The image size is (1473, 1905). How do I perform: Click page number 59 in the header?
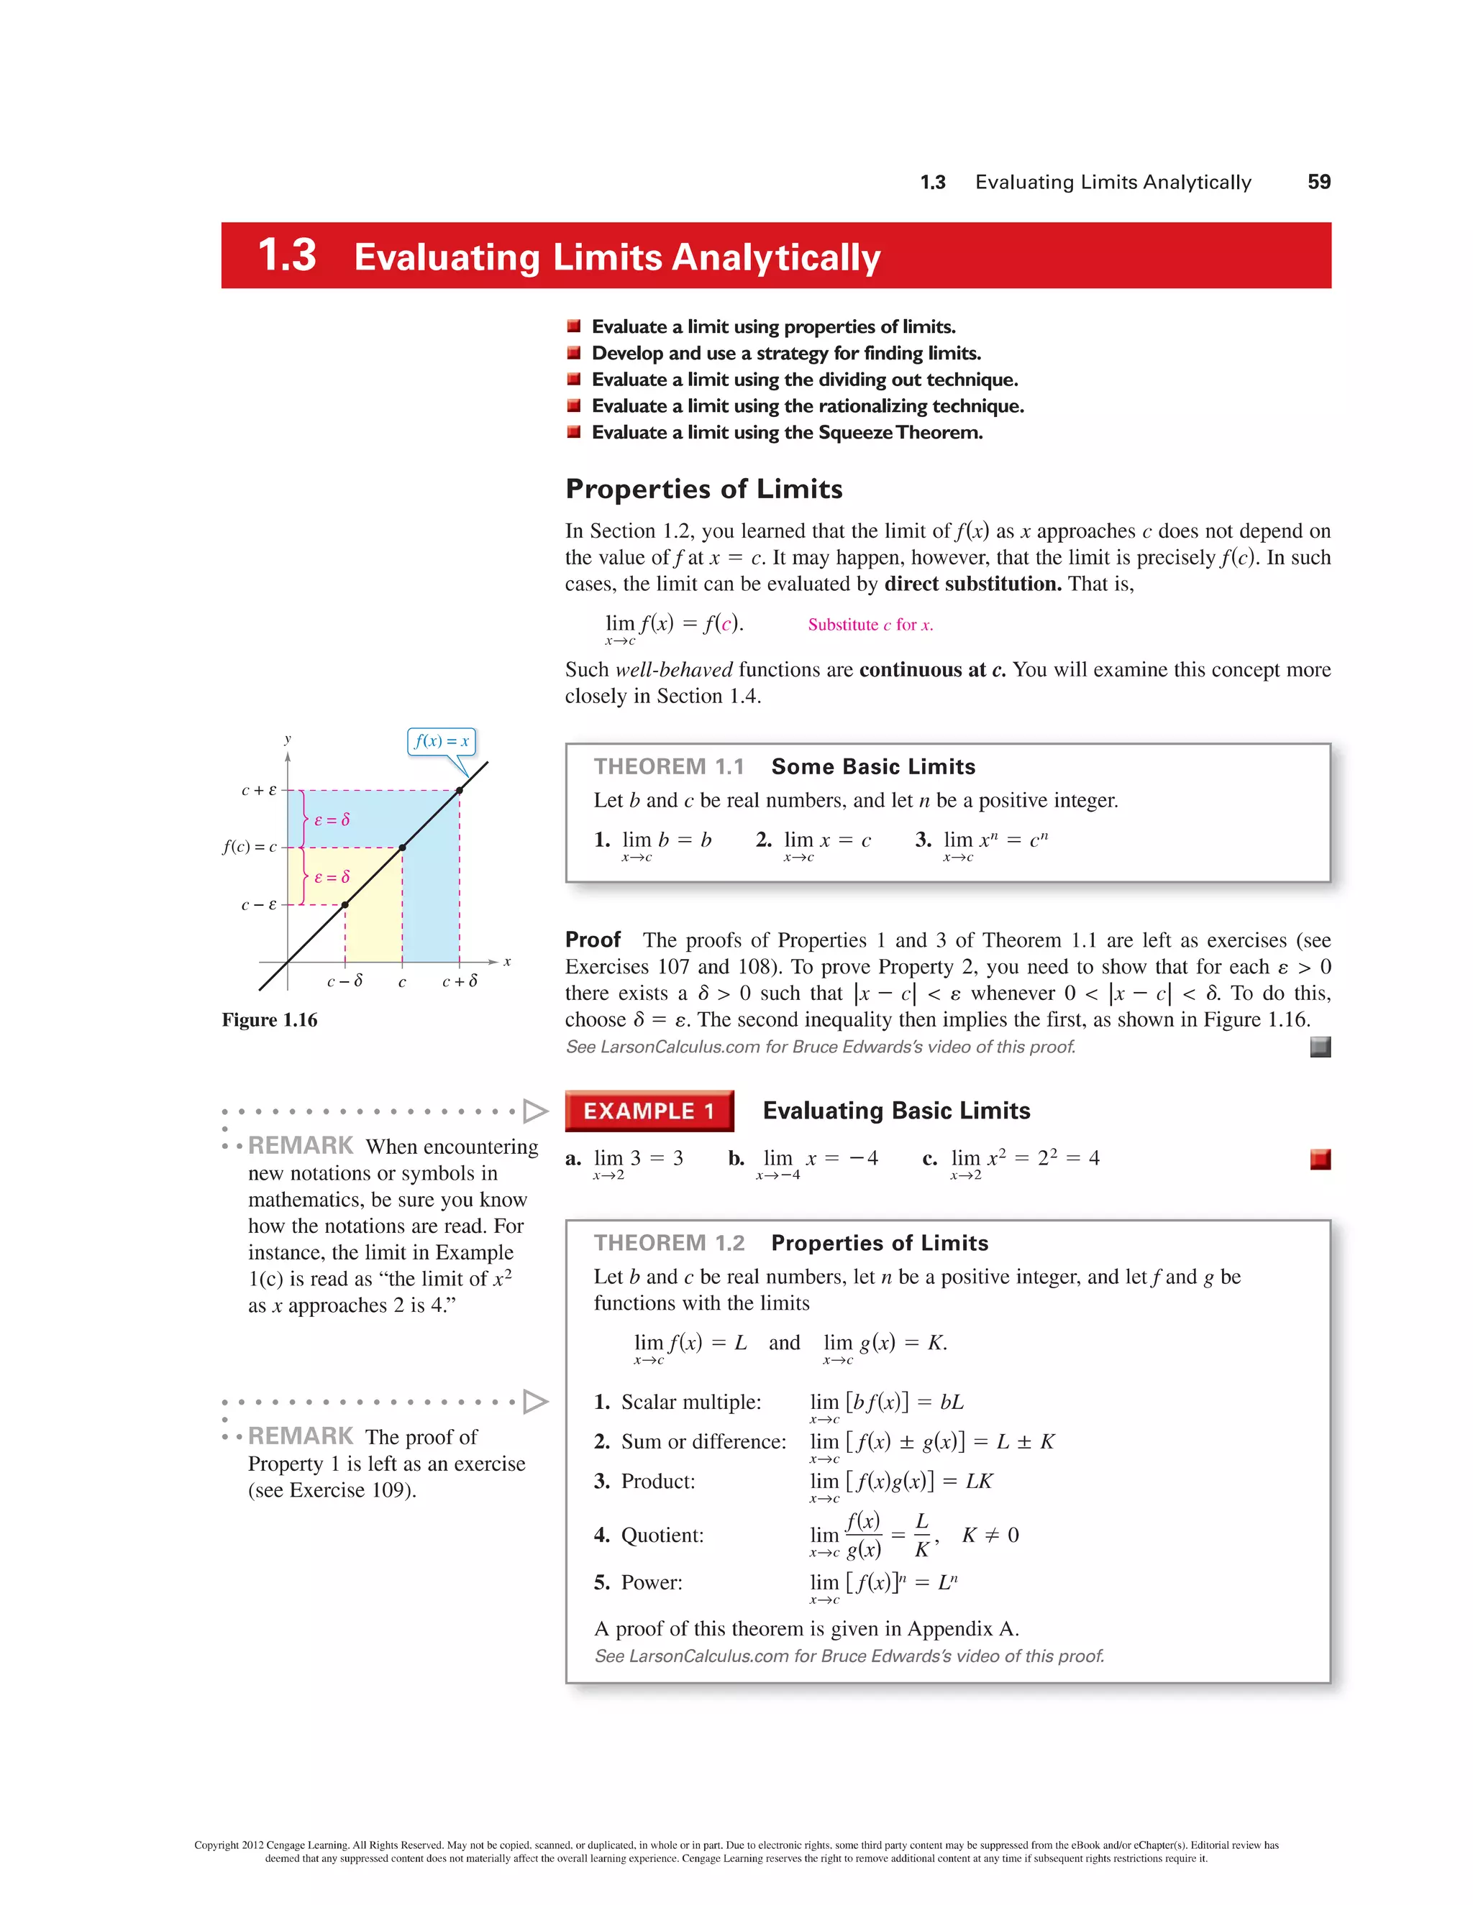1318,181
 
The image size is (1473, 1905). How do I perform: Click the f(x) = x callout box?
442,741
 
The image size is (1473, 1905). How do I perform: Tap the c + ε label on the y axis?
258,790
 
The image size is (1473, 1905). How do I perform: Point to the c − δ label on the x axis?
345,981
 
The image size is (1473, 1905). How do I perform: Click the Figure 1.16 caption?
270,1019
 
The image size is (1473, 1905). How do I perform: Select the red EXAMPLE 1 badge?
648,1111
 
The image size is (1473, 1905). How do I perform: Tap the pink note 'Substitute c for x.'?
870,625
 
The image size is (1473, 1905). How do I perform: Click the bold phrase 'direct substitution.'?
972,584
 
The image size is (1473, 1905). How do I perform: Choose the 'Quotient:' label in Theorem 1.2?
662,1536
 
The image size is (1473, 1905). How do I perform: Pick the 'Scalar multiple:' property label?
690,1402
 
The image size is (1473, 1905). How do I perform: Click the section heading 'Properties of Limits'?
703,488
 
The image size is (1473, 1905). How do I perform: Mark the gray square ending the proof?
1321,1047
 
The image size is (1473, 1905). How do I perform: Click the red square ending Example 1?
1321,1160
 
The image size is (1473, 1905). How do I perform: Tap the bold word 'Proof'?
593,940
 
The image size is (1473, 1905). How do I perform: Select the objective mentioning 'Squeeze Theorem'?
786,433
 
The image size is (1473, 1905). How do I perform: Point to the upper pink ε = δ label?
332,820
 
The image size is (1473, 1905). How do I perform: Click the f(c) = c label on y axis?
250,847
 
